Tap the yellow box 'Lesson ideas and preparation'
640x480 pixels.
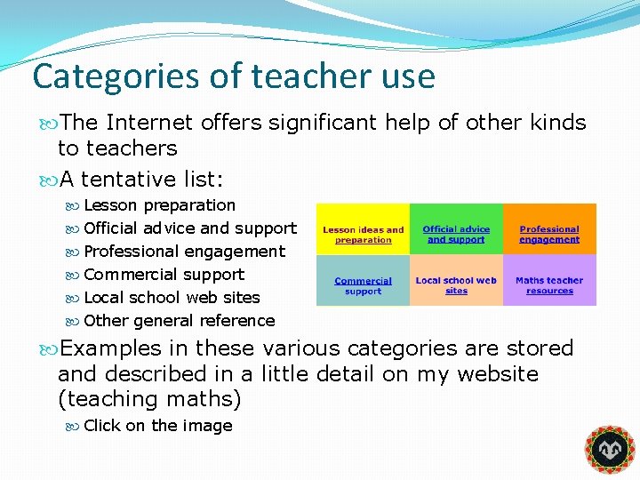pos(363,235)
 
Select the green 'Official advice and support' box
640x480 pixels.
pos(456,235)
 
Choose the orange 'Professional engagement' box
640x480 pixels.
pos(549,235)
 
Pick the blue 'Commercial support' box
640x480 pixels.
pos(363,285)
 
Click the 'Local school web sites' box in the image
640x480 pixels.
pos(456,285)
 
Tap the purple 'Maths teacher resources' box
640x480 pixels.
pos(549,285)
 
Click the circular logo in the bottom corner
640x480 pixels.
pos(609,450)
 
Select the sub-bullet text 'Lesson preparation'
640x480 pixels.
pos(160,205)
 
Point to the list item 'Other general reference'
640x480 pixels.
pos(179,321)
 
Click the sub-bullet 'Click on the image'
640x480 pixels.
pos(157,426)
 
